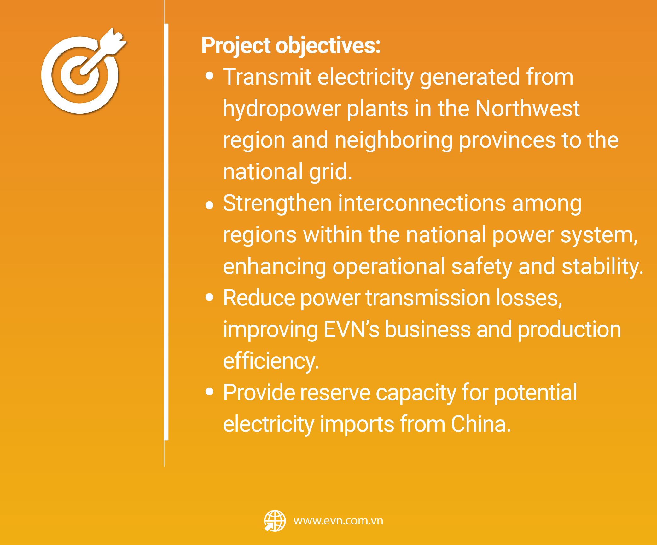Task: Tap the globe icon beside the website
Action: (x=275, y=521)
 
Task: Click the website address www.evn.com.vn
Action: (x=338, y=521)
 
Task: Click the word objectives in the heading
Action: (x=328, y=46)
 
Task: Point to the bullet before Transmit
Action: (x=209, y=76)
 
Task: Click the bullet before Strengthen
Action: (x=209, y=205)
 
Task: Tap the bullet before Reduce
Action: (x=209, y=297)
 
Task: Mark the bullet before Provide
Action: (x=209, y=392)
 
